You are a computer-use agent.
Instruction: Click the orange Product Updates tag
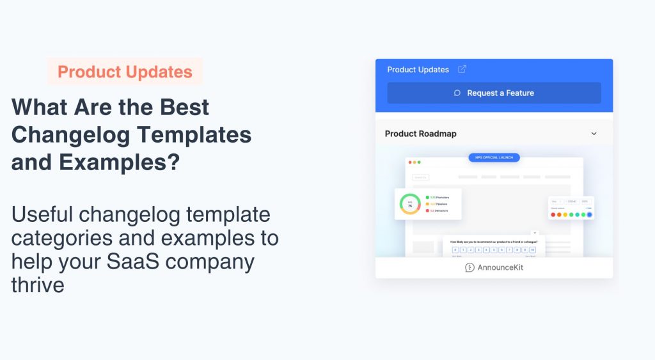pos(125,72)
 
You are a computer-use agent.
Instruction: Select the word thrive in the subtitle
pos(38,285)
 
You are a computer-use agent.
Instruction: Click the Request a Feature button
pos(494,93)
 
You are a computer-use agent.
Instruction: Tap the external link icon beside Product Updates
pos(462,69)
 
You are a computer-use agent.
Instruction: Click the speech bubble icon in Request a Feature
pos(457,93)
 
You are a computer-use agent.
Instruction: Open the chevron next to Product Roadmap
pos(594,134)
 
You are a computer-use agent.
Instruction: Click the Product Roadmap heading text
pos(420,134)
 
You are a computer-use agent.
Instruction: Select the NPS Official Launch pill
pos(494,157)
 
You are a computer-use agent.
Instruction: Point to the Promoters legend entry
pos(439,198)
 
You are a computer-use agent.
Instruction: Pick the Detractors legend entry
pos(439,210)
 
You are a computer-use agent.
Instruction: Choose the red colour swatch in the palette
pos(553,215)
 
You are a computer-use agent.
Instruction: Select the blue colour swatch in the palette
pos(589,215)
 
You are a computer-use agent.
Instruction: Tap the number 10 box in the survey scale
pos(532,250)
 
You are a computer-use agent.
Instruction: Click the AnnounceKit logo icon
pos(470,268)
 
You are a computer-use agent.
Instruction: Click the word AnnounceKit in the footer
pos(500,268)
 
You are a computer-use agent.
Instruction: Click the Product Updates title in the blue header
pos(418,69)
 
